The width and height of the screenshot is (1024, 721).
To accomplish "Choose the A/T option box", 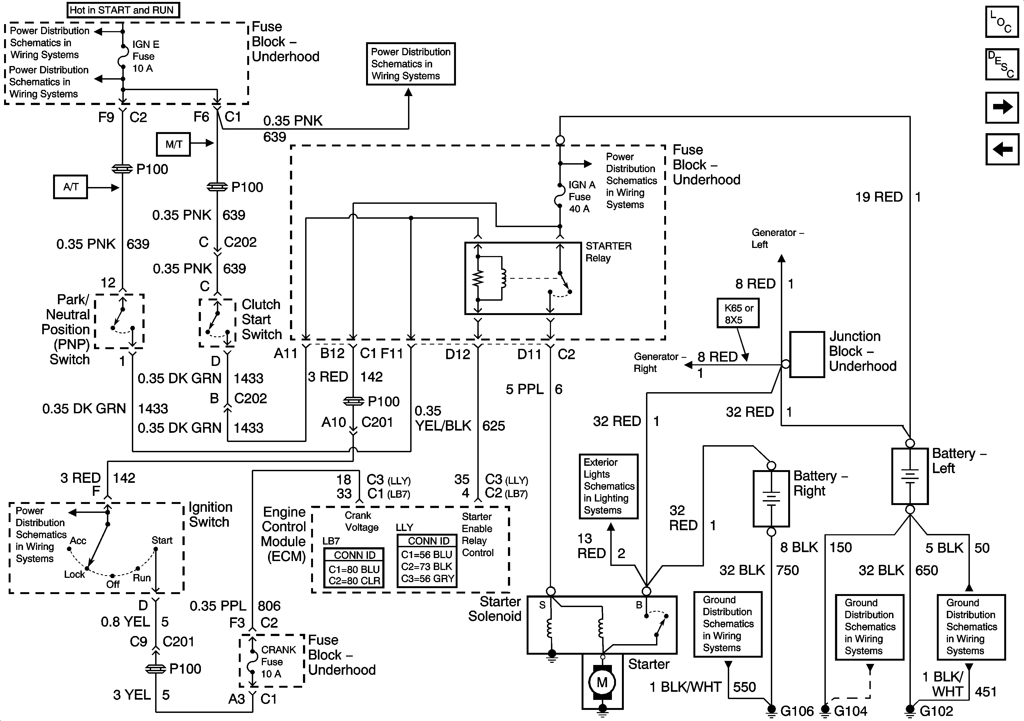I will pos(70,187).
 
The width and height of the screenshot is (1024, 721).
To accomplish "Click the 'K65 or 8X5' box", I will pos(738,313).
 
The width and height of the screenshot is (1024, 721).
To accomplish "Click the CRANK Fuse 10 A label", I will pos(278,662).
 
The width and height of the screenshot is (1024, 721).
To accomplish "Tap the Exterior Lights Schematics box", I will pos(608,486).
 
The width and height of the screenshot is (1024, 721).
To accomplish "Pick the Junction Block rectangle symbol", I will pos(807,355).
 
